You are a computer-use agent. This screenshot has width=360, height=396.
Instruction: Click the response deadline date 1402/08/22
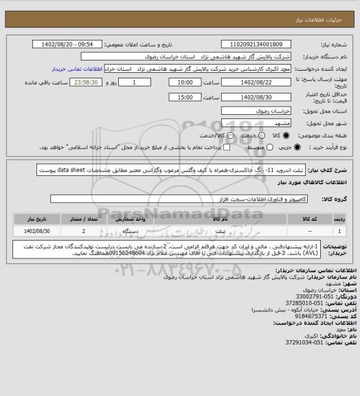[251, 82]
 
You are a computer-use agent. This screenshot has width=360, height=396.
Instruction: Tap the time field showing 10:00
[184, 82]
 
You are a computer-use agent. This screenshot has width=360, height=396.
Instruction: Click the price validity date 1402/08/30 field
[251, 97]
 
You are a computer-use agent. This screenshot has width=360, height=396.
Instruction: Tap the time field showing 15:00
[184, 97]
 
